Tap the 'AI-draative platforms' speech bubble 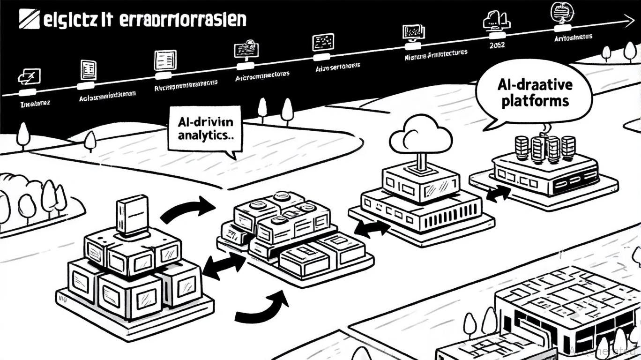pos(535,94)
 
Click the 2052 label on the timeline pos(497,45)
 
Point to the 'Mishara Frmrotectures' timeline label pos(436,55)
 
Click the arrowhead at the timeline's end pos(629,19)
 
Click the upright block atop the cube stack pos(132,215)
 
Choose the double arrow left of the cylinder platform pos(498,193)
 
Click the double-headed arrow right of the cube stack pos(224,265)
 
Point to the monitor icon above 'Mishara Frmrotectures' pos(414,32)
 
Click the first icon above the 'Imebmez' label pos(29,75)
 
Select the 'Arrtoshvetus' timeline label pos(573,37)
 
